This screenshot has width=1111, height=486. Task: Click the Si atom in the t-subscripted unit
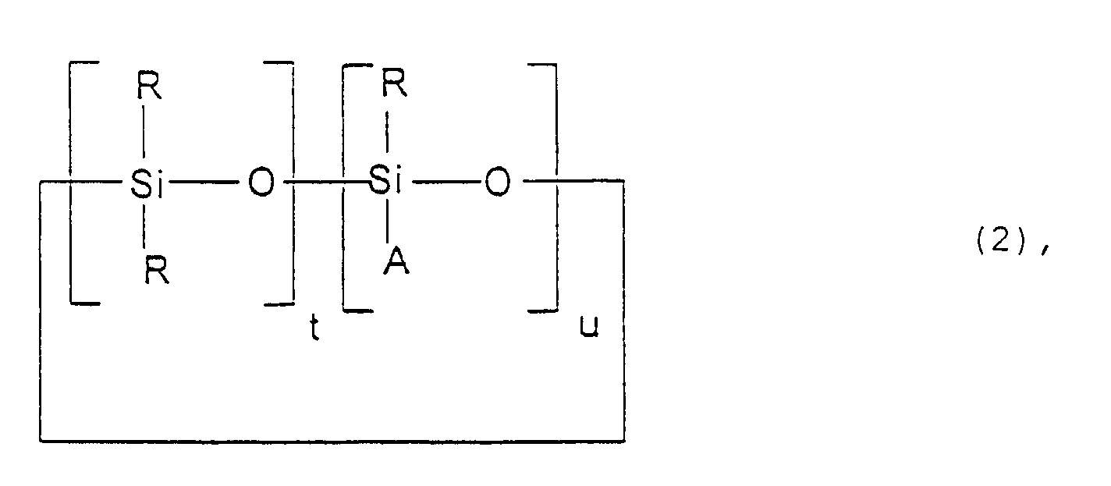(147, 184)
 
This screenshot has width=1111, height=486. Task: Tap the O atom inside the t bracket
(261, 182)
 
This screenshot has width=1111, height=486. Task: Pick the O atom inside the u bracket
(498, 182)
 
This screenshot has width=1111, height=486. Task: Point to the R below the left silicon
(158, 270)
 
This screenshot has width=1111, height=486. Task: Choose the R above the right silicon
(395, 83)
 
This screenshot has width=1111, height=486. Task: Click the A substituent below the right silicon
(397, 261)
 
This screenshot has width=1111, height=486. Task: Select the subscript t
(314, 328)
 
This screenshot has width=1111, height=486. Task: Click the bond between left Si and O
(204, 183)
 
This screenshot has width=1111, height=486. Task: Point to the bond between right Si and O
(445, 182)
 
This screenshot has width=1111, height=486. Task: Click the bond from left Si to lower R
(144, 225)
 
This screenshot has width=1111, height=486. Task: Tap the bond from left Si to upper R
(144, 132)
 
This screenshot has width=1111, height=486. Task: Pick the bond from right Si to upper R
(387, 132)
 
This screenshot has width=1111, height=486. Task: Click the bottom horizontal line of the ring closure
(332, 441)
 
